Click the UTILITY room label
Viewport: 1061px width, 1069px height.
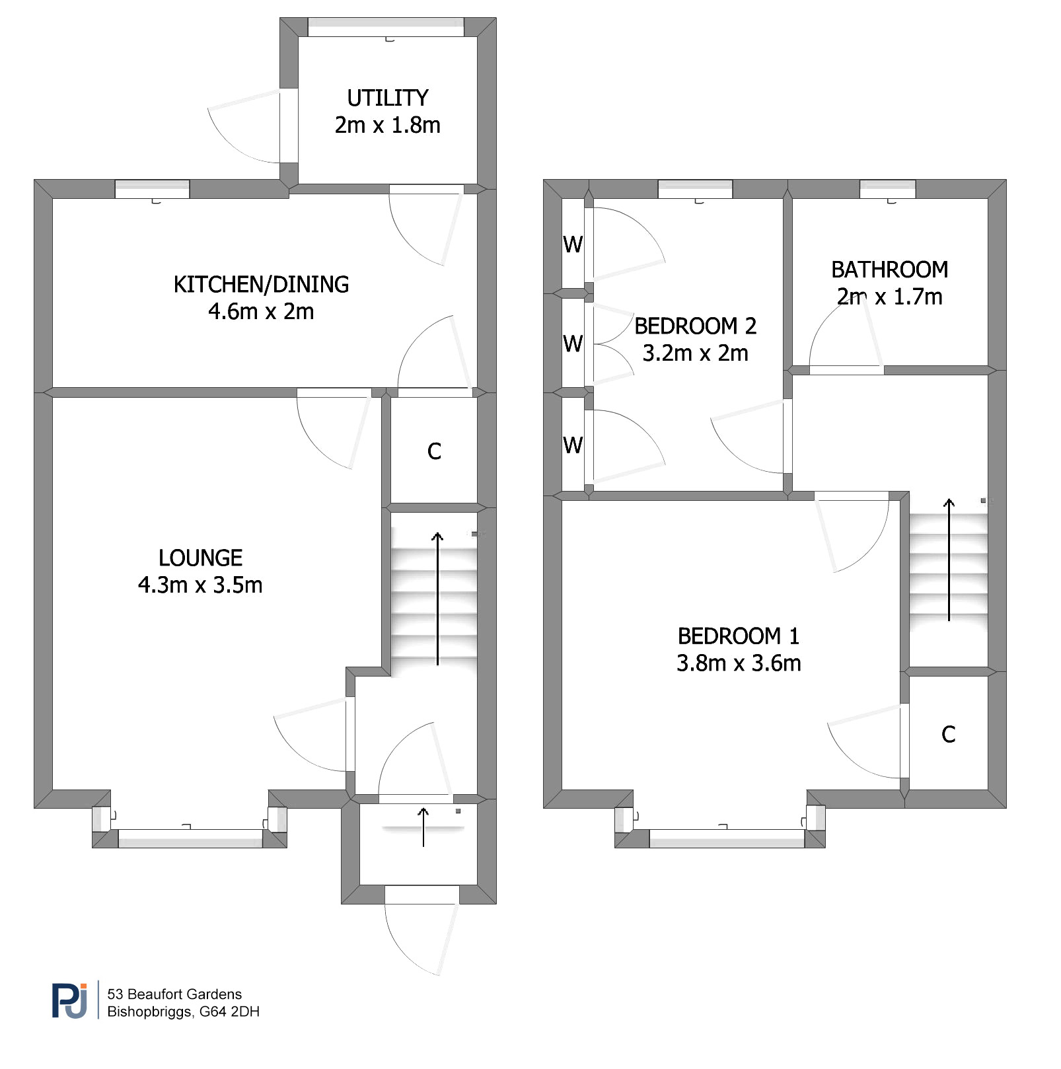point(388,98)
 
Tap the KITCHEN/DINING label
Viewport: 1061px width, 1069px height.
point(261,284)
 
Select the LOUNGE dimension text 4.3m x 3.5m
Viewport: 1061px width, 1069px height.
point(200,585)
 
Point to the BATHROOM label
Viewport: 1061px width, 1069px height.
point(889,270)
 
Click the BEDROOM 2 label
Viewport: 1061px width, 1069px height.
point(695,326)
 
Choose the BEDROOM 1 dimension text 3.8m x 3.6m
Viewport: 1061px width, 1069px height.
point(739,663)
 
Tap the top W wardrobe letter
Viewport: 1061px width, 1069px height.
point(573,245)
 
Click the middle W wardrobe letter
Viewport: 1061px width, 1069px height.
point(573,344)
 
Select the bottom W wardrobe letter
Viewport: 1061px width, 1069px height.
point(573,445)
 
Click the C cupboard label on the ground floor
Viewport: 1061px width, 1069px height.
point(434,451)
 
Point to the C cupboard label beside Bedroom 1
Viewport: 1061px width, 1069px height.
point(948,734)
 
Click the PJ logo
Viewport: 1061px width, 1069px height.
point(69,1001)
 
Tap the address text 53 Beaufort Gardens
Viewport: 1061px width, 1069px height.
point(174,994)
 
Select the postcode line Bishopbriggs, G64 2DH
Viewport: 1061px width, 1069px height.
point(183,1012)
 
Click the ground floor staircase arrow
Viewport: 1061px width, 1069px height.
point(437,598)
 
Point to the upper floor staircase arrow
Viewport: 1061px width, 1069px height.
point(949,560)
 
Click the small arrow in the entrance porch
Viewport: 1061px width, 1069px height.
point(423,827)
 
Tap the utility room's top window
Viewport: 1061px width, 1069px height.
point(386,27)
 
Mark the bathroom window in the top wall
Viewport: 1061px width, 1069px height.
point(887,189)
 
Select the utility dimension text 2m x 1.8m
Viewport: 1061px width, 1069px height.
point(387,125)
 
